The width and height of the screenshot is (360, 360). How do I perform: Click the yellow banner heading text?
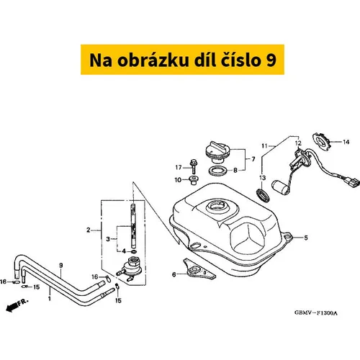click(x=183, y=60)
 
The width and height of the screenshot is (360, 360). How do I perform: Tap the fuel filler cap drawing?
click(x=218, y=153)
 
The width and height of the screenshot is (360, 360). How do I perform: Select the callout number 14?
click(x=346, y=142)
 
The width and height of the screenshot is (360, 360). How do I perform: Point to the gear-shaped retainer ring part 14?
click(x=321, y=141)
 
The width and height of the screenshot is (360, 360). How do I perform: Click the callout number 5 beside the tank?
click(x=306, y=238)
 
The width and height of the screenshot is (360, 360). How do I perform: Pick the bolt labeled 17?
click(x=193, y=166)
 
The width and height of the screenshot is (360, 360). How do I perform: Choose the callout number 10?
click(x=178, y=180)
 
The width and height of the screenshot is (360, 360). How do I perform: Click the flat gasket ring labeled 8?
click(x=218, y=171)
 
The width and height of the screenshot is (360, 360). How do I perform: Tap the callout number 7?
click(x=253, y=159)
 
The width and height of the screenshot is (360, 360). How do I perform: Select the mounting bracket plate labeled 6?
click(x=199, y=269)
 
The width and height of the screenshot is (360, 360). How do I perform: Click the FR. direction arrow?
click(x=17, y=305)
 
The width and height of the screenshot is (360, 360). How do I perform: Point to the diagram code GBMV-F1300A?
click(x=316, y=313)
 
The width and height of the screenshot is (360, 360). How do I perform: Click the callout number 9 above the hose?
click(x=61, y=266)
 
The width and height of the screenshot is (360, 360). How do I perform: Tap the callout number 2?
click(x=89, y=230)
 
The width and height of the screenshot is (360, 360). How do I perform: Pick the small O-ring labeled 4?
click(x=134, y=251)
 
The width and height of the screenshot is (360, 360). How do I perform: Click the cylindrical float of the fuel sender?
click(x=280, y=188)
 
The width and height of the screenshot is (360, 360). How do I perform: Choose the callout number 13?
click(x=262, y=178)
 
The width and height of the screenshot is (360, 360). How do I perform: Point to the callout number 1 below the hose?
click(x=50, y=299)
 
